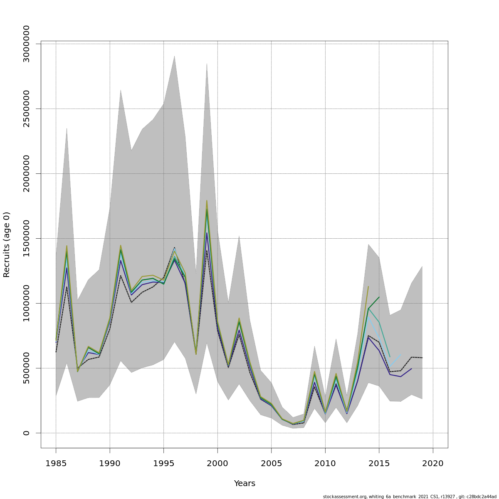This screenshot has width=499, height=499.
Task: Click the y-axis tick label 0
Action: [x=27, y=433]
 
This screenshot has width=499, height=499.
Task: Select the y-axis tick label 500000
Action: [x=27, y=368]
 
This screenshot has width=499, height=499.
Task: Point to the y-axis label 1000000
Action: [x=27, y=303]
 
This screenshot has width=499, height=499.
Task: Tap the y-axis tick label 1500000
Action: [x=27, y=238]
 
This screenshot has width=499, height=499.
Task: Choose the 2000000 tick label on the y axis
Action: [x=27, y=173]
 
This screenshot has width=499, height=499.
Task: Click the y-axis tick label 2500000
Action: [x=27, y=109]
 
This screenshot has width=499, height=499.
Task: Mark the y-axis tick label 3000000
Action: [x=27, y=44]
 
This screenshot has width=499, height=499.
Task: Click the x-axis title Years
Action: [x=245, y=484]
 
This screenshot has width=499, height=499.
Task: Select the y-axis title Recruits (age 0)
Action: [x=7, y=245]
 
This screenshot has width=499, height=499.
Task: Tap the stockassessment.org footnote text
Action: [x=410, y=497]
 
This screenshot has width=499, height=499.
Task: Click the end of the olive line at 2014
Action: [x=368, y=287]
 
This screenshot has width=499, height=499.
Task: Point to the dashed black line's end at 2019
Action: [x=422, y=358]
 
